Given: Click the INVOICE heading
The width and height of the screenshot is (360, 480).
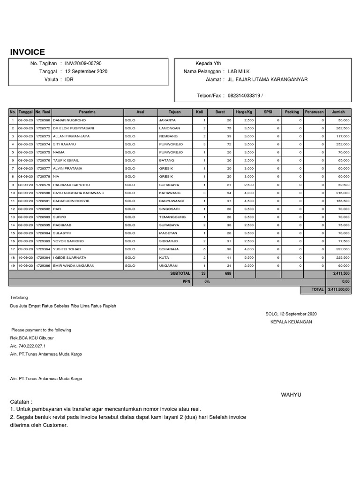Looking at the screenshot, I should click(x=28, y=52).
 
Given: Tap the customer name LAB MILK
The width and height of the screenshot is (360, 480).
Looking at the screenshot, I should click(x=239, y=71).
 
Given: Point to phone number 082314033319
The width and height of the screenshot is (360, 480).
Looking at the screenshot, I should click(x=244, y=96).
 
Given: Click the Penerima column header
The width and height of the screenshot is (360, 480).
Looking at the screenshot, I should click(x=87, y=112).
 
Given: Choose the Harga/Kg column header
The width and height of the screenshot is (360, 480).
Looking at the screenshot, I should click(x=244, y=112).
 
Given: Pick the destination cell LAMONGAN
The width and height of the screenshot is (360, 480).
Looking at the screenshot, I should click(x=169, y=128).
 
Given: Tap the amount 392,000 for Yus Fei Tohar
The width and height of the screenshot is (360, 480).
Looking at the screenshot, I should click(x=343, y=249).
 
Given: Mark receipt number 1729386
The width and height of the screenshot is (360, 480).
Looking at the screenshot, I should click(x=43, y=265).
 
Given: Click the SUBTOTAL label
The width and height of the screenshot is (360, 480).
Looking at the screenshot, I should click(x=180, y=273).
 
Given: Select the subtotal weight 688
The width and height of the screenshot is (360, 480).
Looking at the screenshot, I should click(x=228, y=273).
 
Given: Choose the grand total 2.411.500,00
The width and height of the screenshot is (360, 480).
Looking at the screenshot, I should click(x=338, y=290).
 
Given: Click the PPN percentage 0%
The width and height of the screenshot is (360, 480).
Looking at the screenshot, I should click(x=207, y=282).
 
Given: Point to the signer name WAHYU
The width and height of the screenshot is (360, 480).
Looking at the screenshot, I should click(x=291, y=395).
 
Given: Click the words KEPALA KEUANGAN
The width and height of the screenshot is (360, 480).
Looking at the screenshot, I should click(x=291, y=322).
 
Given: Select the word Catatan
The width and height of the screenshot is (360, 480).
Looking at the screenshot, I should click(x=21, y=402).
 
